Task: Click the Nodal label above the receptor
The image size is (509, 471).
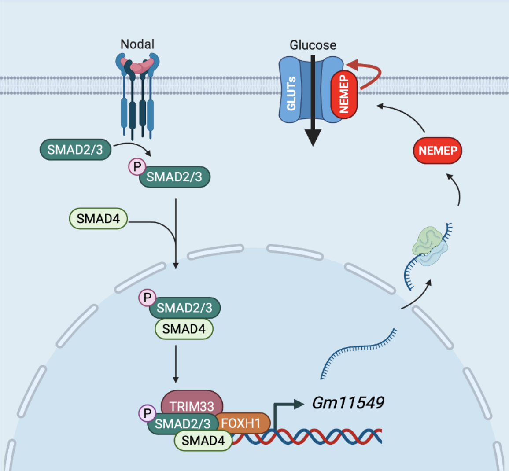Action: coord(137,44)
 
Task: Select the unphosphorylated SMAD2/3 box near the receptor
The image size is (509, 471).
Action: coord(75,150)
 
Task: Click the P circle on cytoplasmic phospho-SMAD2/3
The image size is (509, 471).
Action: coord(137,167)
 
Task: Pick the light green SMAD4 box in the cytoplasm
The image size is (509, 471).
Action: coord(98,219)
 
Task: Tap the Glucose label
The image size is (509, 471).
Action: coord(313,45)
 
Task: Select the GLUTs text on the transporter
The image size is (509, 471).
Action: coord(291,93)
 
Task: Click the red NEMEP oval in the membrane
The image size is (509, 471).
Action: coord(344,94)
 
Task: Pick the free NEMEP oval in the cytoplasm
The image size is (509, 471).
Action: coord(437,151)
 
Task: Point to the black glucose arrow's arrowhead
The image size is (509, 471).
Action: coord(313,138)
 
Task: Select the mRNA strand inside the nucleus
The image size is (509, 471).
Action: coord(357,350)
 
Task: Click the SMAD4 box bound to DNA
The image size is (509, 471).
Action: coord(203,440)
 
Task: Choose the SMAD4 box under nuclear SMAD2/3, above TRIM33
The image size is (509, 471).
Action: coord(184,329)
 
